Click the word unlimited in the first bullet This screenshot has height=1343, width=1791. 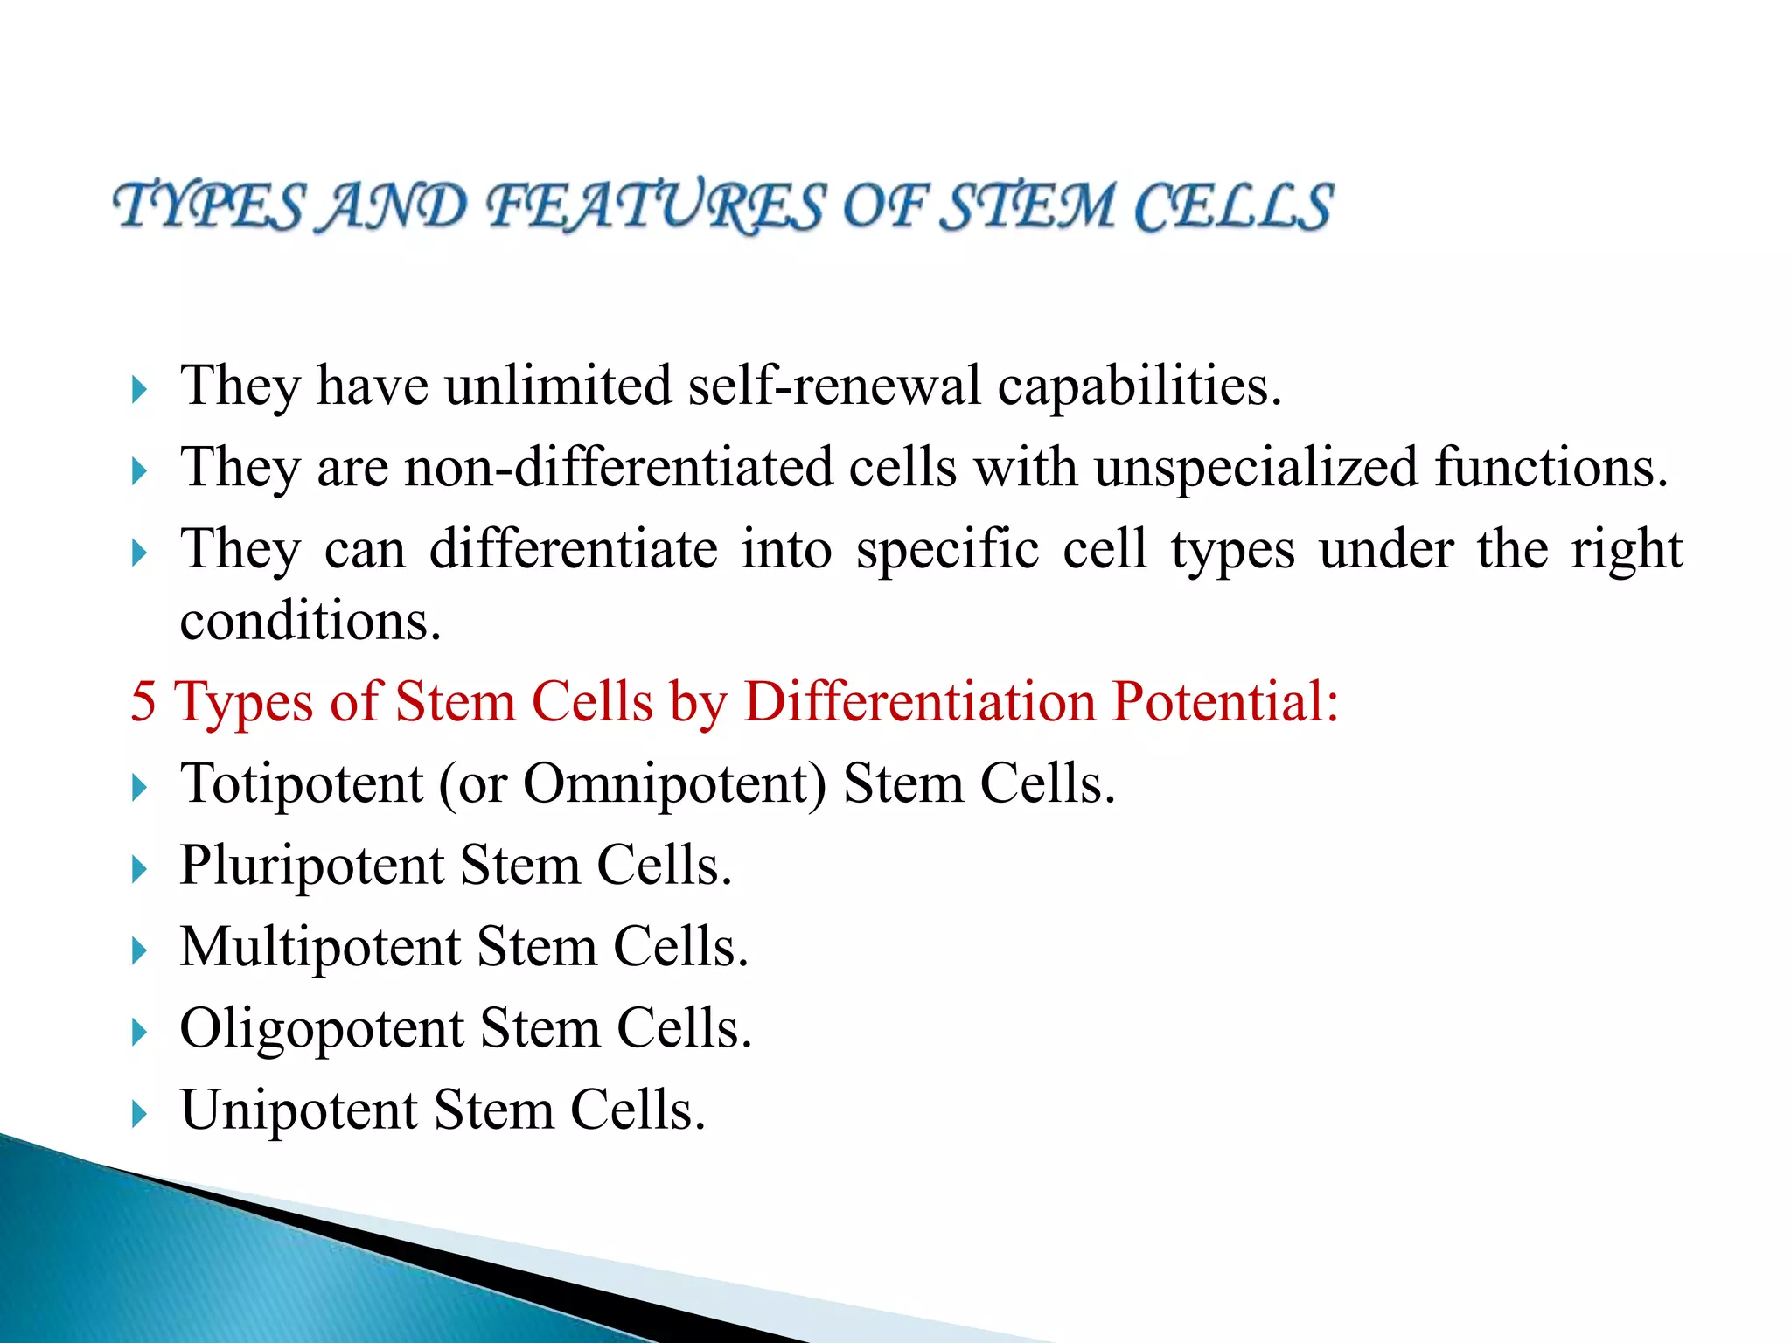558,386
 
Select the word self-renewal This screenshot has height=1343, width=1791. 834,386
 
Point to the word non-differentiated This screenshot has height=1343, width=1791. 617,467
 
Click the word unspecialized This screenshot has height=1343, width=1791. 1256,467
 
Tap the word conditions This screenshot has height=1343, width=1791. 310,622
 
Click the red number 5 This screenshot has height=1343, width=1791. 143,701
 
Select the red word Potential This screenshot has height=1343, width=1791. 1224,701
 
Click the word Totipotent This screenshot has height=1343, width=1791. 302,783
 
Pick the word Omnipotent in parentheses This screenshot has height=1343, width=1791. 674,783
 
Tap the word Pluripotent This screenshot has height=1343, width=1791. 312,866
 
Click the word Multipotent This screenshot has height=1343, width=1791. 320,947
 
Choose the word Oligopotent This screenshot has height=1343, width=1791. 322,1028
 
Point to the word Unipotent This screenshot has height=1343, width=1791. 299,1110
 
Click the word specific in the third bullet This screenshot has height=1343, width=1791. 948,550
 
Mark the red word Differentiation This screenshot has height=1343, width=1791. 920,701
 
